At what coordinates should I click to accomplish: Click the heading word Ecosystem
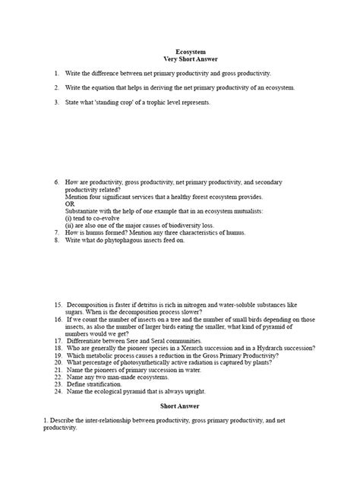[x=181, y=51]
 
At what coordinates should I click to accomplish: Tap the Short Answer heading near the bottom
[x=181, y=406]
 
